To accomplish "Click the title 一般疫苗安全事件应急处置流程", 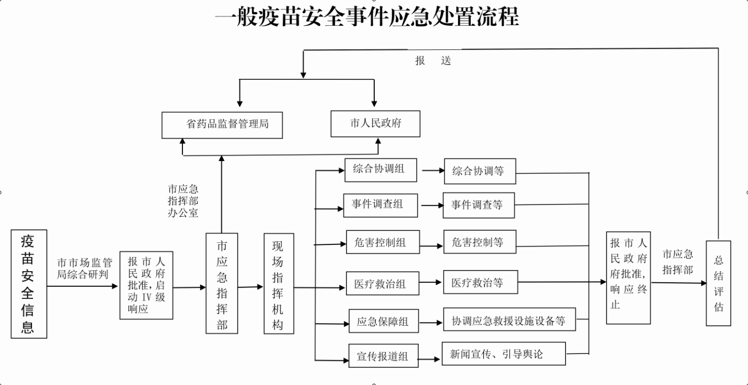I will pyautogui.click(x=367, y=17).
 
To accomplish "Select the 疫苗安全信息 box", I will pyautogui.click(x=29, y=284).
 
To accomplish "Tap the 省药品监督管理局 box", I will pyautogui.click(x=222, y=125).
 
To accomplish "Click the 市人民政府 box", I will pyautogui.click(x=375, y=124).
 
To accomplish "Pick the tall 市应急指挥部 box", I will pyautogui.click(x=222, y=283).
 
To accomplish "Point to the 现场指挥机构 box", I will pyautogui.click(x=278, y=284).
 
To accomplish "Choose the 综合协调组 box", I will pyautogui.click(x=381, y=169).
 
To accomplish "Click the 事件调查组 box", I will pyautogui.click(x=381, y=205).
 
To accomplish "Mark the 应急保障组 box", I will pyautogui.click(x=384, y=321).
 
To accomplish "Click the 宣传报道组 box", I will pyautogui.click(x=383, y=356).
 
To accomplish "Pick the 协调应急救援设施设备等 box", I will pyautogui.click(x=509, y=320).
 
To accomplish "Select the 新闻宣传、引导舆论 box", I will pyautogui.click(x=504, y=354).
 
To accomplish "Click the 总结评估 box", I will pyautogui.click(x=718, y=283).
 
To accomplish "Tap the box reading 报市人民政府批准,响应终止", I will pyautogui.click(x=628, y=278).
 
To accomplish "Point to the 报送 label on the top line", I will pyautogui.click(x=433, y=61).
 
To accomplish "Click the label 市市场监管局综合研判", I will pyautogui.click(x=84, y=268).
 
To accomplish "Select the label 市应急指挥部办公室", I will pyautogui.click(x=183, y=201).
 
